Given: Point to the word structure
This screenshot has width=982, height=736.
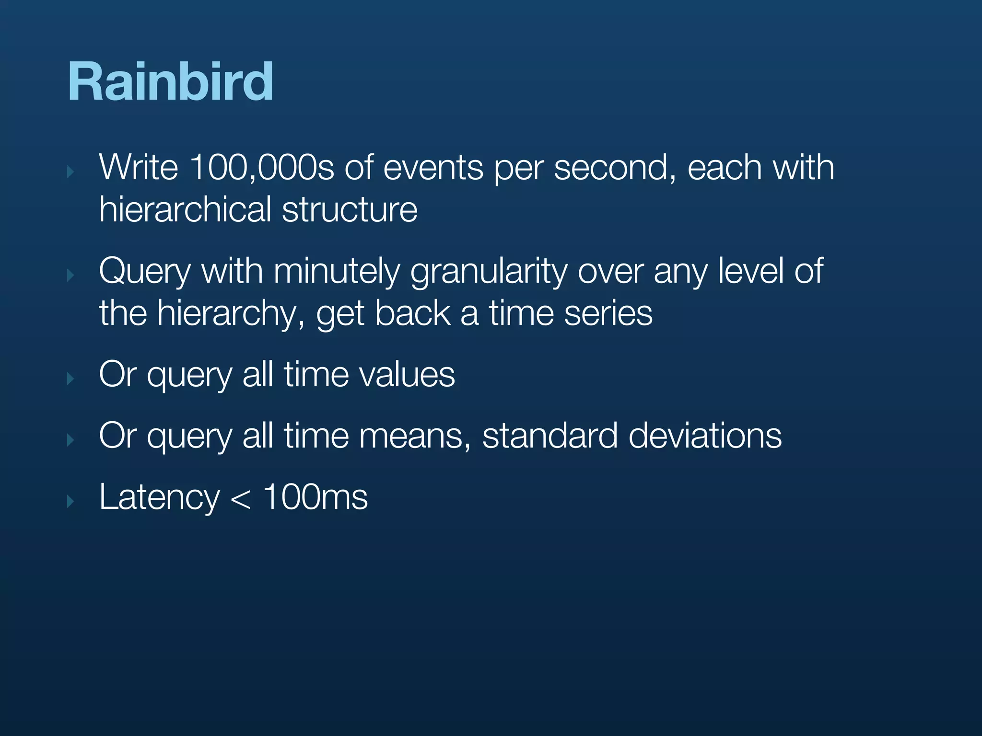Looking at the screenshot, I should click(x=350, y=209).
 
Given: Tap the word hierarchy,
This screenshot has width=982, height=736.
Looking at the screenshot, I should click(x=231, y=314).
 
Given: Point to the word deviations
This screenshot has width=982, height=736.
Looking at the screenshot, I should click(x=705, y=436).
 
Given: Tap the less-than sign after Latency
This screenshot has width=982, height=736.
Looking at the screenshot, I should click(x=241, y=499).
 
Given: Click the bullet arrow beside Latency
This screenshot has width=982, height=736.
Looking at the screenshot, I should click(x=70, y=501).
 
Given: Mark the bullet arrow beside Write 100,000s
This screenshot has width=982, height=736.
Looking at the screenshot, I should click(x=70, y=172).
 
